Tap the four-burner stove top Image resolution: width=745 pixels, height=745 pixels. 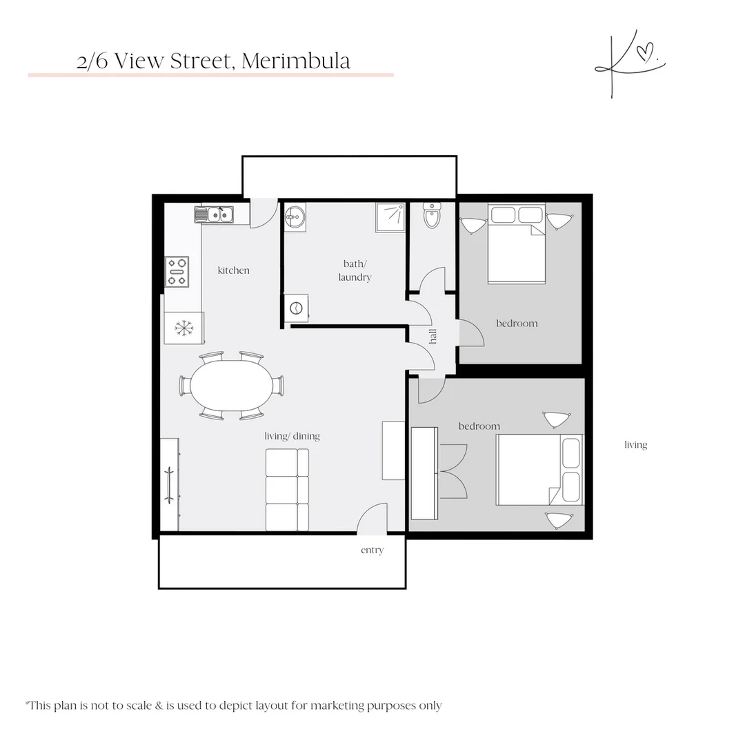coord(177,271)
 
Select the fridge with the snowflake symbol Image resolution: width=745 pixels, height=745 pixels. coord(184,328)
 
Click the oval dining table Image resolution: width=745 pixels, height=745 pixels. coord(231,386)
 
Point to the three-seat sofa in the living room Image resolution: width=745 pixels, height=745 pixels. coord(287,490)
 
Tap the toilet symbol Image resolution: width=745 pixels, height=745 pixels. coord(432,216)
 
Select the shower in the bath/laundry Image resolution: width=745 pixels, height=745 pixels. coord(390,217)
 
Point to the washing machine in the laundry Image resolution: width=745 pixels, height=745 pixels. coord(296,308)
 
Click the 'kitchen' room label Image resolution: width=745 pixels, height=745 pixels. coord(233,270)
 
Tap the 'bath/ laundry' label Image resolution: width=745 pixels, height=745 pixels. coord(355,270)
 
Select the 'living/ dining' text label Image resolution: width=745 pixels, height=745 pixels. coord(292,436)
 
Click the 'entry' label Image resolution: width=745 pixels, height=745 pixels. coord(372,550)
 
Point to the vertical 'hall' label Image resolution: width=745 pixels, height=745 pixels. coord(433,336)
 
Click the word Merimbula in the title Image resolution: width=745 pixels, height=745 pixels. coord(296,61)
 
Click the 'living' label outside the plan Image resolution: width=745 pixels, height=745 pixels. coord(635,445)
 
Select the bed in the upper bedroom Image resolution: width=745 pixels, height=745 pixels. coord(516,244)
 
